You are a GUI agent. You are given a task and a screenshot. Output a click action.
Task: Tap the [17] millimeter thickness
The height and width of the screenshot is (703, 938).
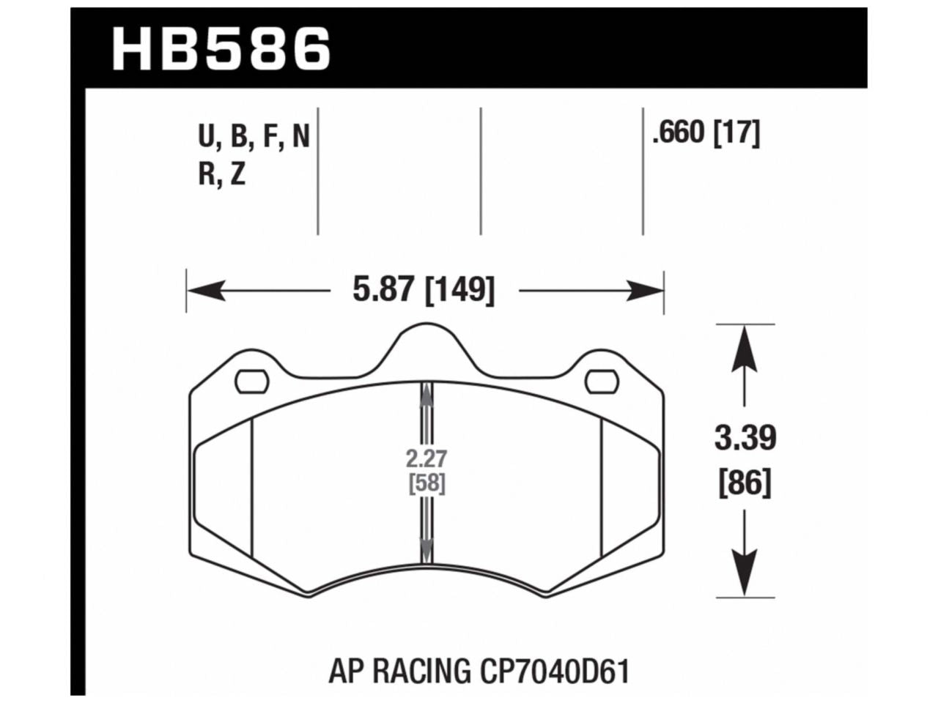(x=736, y=133)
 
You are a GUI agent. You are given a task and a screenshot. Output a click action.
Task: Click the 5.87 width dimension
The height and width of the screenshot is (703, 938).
(x=385, y=291)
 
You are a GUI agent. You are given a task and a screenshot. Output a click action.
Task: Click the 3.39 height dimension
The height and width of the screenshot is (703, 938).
(x=745, y=439)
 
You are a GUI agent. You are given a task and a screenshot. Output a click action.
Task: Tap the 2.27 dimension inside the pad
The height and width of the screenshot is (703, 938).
(x=426, y=459)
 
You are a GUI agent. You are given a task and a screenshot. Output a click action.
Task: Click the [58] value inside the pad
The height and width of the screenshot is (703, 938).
(x=426, y=483)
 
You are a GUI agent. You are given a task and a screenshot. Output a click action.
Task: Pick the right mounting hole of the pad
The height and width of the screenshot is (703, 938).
(x=602, y=381)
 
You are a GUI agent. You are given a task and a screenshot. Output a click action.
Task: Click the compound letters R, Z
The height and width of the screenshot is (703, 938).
(x=221, y=176)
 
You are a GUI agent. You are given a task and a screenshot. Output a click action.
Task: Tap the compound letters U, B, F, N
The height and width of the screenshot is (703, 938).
(x=254, y=136)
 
